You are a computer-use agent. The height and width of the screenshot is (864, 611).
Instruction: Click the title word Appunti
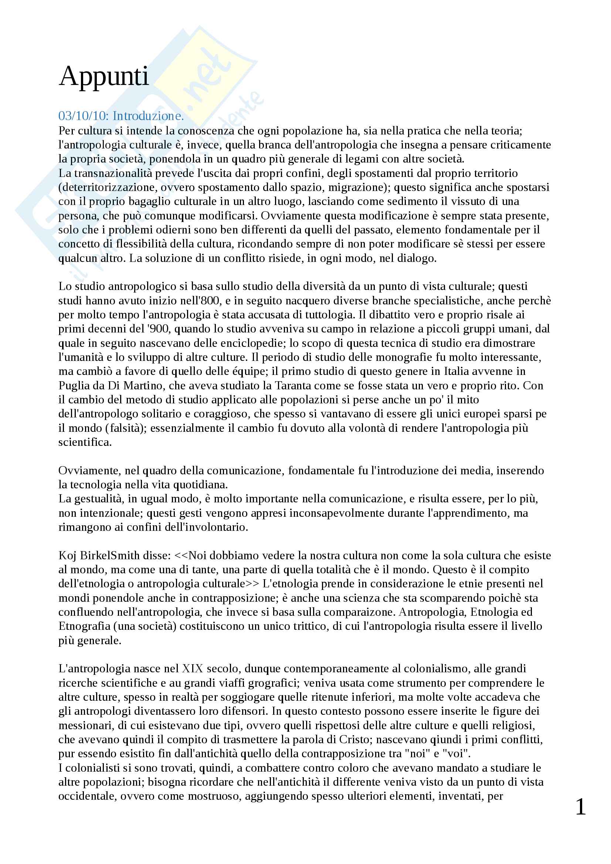[x=104, y=76]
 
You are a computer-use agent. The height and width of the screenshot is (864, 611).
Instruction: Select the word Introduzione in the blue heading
[x=147, y=116]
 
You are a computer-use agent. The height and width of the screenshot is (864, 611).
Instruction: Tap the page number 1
[x=581, y=807]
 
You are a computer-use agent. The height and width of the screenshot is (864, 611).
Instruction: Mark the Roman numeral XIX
[x=192, y=669]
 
